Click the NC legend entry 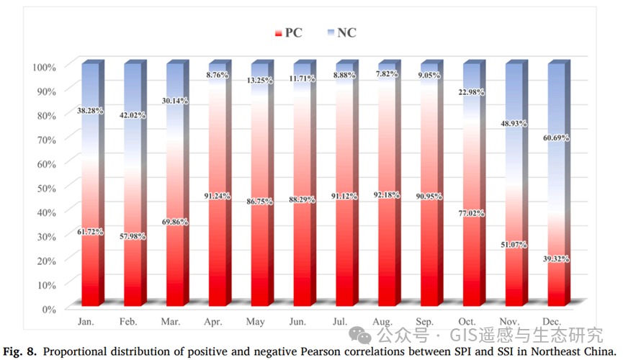click(x=341, y=32)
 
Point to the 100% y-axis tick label click(x=42, y=67)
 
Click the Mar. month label click(x=172, y=321)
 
